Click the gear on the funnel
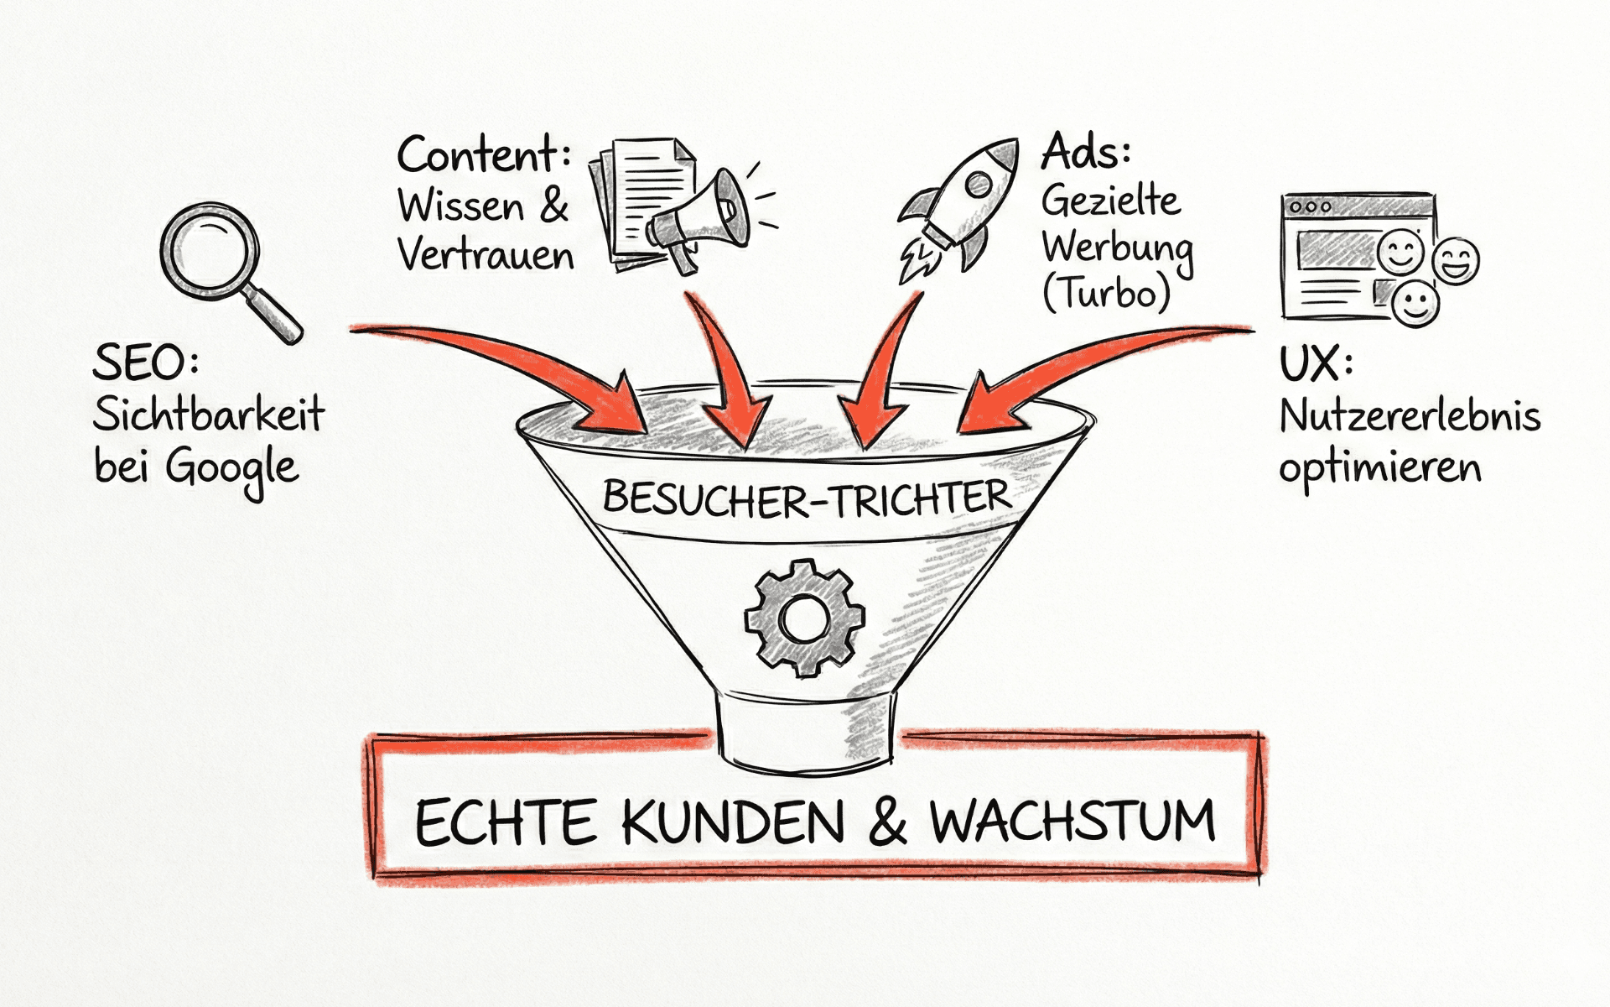803,618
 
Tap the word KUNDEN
733,822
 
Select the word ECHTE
506,822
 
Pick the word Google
231,468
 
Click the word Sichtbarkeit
208,415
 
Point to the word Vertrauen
486,255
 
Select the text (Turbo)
1105,293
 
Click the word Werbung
1117,248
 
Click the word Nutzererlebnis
1409,416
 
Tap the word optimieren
1379,468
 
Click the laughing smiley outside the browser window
1456,262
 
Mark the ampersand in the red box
887,822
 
